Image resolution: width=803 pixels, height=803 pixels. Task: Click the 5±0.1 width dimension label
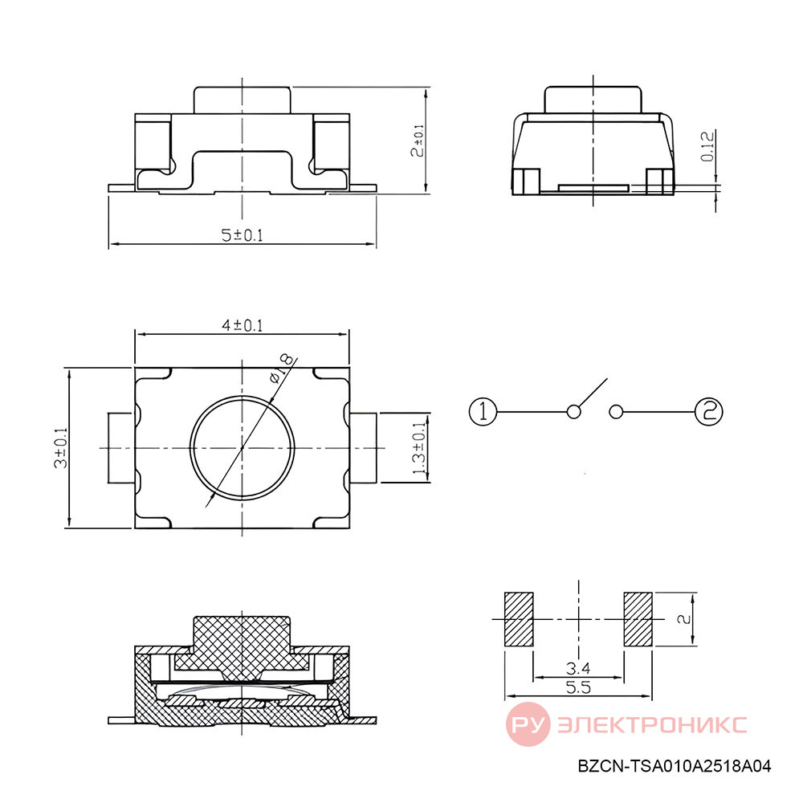[x=242, y=235]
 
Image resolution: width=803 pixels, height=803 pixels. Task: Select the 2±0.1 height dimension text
[x=418, y=141]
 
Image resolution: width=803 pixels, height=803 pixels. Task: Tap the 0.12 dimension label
[x=707, y=147]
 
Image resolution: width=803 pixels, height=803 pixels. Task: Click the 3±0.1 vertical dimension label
[x=60, y=448]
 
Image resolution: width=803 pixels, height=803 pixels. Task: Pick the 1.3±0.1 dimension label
[x=418, y=448]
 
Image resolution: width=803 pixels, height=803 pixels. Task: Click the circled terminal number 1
[x=483, y=411]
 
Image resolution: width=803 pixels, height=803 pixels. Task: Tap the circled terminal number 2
[x=709, y=411]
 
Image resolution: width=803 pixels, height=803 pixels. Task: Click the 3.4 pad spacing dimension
[x=578, y=668]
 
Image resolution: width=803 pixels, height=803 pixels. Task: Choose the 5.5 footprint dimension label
[x=578, y=687]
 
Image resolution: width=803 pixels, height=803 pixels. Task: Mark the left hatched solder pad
[x=519, y=619]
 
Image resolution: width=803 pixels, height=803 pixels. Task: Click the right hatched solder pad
[x=638, y=619]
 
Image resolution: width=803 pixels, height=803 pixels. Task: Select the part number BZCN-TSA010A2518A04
[x=674, y=766]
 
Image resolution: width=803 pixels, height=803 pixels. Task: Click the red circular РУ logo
[x=528, y=724]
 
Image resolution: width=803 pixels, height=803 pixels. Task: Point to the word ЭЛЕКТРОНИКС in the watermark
[x=652, y=724]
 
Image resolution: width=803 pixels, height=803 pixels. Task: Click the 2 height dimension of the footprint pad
[x=684, y=619]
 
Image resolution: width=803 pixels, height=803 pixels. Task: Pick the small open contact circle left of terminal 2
[x=616, y=411]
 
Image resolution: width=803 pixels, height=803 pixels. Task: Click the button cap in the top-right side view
[x=593, y=100]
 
